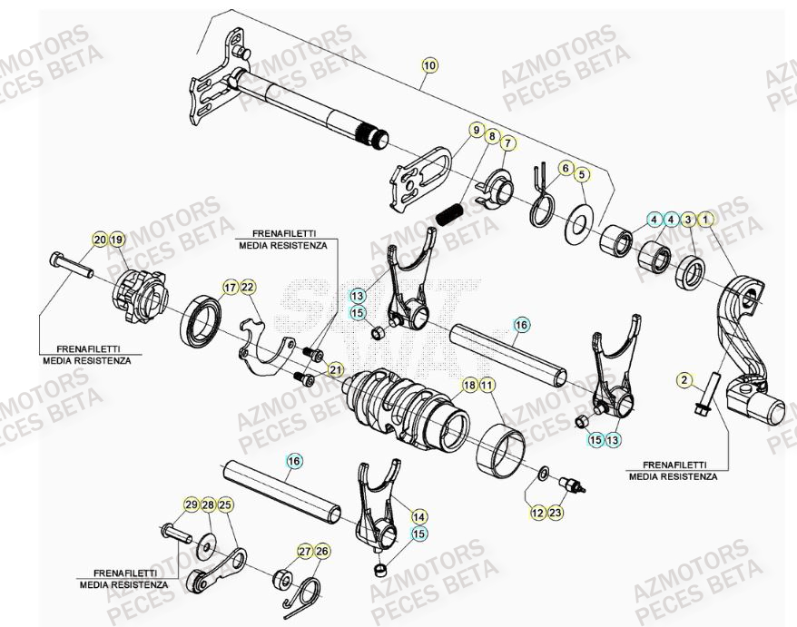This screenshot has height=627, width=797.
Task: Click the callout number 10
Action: tap(429, 65)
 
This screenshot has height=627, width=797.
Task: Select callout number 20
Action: tap(99, 240)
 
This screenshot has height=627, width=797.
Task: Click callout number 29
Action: tap(191, 505)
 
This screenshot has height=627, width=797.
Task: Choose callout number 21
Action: tap(336, 369)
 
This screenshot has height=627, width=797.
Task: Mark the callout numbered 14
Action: tap(418, 516)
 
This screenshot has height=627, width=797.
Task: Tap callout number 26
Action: tap(323, 551)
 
